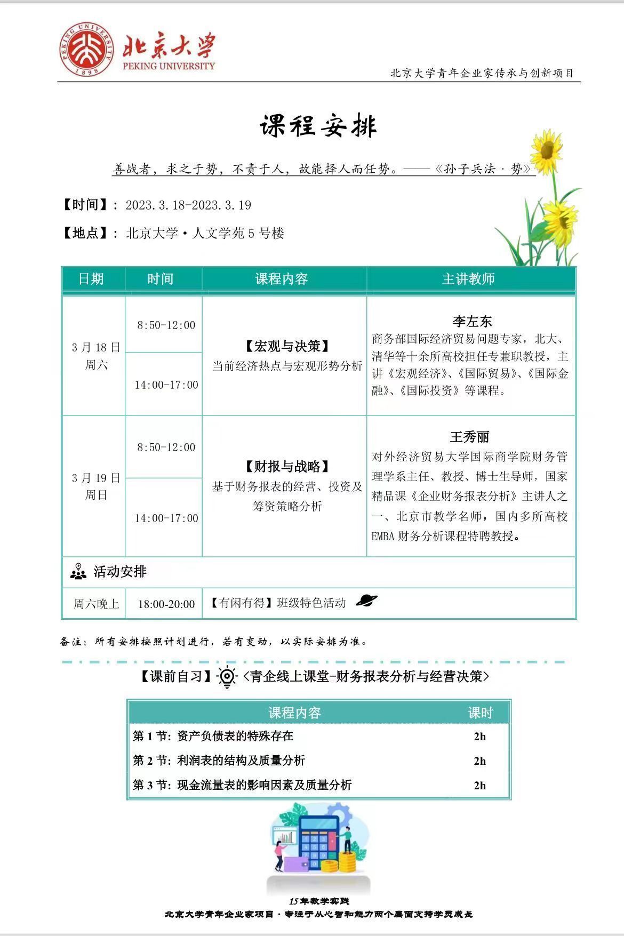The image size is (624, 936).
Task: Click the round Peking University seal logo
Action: coord(86,50)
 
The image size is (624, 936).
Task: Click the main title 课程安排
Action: coord(318,126)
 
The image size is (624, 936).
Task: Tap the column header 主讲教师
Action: coord(468,279)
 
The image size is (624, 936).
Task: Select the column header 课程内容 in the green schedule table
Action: coord(281,279)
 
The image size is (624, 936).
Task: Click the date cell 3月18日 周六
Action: coord(96,356)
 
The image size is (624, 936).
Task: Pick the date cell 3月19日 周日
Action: coord(96,486)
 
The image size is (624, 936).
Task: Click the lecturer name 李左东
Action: coord(471,321)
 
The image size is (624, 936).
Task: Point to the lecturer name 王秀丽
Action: coord(469,437)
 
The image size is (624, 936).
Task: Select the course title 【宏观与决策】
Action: coord(287,347)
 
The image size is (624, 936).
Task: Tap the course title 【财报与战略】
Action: coord(287,467)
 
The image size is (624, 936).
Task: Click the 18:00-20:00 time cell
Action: coord(166,604)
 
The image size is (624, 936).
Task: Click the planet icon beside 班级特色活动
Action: coord(366,601)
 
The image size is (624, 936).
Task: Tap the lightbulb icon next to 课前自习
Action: coord(227,677)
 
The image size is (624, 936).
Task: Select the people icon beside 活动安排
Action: coord(78,571)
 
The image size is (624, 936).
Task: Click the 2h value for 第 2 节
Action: coord(479,761)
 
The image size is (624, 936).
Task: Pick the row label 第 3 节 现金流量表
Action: coord(242,785)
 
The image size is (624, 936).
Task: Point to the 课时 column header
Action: coord(480,713)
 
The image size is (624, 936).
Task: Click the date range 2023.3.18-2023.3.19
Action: coord(188,205)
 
